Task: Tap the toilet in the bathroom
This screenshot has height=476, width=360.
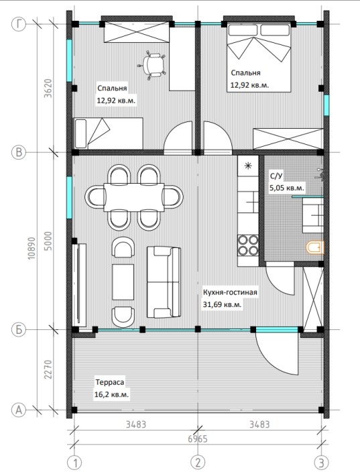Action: [315, 247]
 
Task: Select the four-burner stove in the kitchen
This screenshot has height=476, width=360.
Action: [248, 245]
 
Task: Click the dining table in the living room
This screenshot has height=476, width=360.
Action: [134, 197]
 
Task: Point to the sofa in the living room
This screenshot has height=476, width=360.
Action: [164, 282]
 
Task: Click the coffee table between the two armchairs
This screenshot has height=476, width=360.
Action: [123, 282]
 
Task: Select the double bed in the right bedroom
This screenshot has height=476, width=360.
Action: [259, 57]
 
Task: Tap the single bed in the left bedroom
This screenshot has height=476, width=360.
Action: [108, 133]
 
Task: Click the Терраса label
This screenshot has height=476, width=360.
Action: [110, 382]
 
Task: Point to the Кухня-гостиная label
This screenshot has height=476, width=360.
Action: [230, 292]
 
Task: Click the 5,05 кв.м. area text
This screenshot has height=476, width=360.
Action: [287, 188]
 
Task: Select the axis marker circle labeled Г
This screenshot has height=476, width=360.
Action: [19, 24]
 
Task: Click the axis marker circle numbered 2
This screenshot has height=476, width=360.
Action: [198, 463]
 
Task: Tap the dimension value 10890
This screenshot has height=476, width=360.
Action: [32, 248]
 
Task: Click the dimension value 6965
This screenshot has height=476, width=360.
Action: [198, 439]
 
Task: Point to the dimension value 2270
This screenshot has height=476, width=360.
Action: [48, 369]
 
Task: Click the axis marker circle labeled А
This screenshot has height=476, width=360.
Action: [19, 410]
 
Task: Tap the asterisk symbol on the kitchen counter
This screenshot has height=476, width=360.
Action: [248, 166]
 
